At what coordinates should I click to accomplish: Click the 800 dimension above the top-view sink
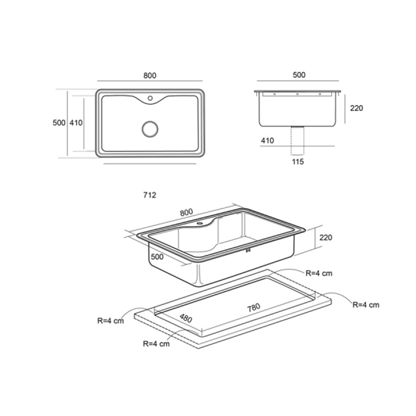pyautogui.click(x=150, y=75)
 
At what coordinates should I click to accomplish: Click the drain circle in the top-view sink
pyautogui.click(x=150, y=129)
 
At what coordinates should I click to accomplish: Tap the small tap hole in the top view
pyautogui.click(x=150, y=98)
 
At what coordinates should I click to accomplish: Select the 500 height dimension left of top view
pyautogui.click(x=59, y=123)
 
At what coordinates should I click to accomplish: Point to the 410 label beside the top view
pyautogui.click(x=76, y=123)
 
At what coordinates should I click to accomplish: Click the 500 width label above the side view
pyautogui.click(x=299, y=75)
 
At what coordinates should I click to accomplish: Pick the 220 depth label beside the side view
pyautogui.click(x=357, y=108)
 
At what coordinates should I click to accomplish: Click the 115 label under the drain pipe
pyautogui.click(x=298, y=162)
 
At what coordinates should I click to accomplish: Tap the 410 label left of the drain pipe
pyautogui.click(x=267, y=140)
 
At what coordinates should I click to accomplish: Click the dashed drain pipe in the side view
pyautogui.click(x=297, y=140)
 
